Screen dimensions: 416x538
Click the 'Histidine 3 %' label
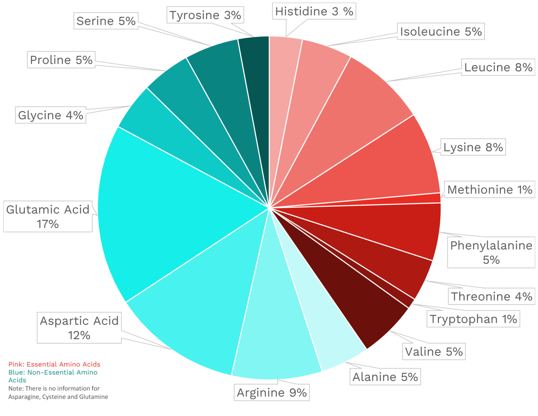tap(314, 11)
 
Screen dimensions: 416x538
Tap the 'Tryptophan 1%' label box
tap(473, 319)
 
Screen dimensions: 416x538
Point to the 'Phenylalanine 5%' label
tap(491, 253)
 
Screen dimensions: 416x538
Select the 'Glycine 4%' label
tap(50, 115)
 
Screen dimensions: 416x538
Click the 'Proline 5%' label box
tap(61, 60)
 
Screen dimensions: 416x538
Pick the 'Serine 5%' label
tap(106, 21)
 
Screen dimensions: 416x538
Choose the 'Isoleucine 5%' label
tap(441, 32)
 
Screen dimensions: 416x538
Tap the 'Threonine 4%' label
tap(491, 296)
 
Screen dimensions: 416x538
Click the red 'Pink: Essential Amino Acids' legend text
tap(54, 364)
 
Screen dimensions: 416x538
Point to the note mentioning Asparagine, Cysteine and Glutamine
tap(58, 393)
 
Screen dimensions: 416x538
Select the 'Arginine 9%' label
tap(272, 393)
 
